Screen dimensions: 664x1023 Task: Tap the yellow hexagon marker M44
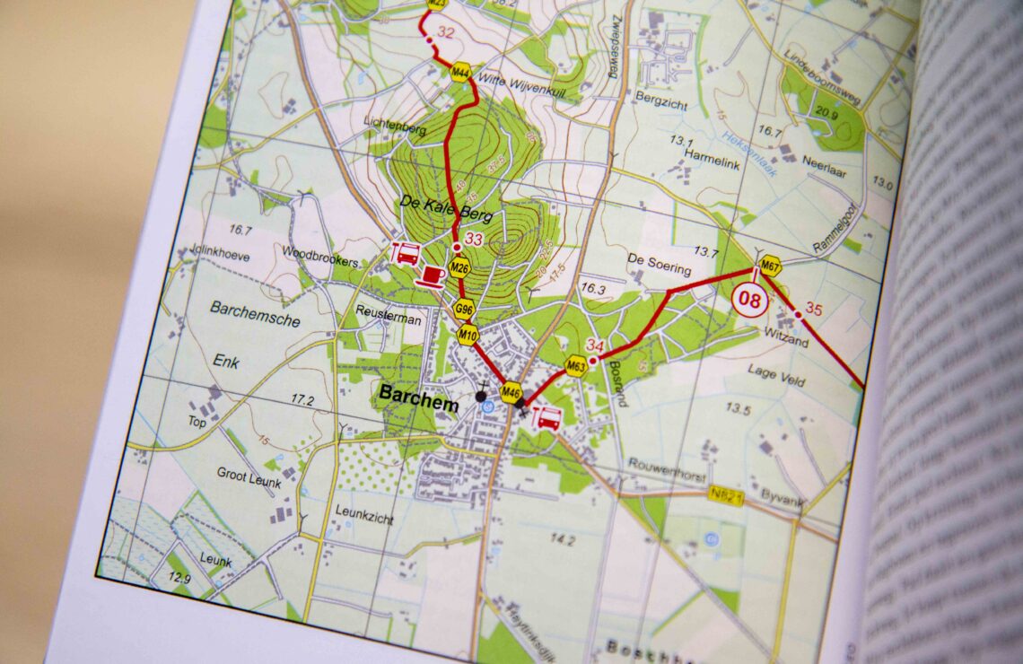tap(461, 73)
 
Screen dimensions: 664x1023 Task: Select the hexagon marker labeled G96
tap(464, 311)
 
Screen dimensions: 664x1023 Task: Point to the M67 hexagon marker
tap(769, 266)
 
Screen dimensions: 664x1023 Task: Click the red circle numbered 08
tap(750, 301)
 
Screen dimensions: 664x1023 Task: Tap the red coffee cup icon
tap(432, 274)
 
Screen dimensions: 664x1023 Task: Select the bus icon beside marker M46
tap(546, 418)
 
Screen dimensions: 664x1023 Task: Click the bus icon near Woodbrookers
tap(406, 254)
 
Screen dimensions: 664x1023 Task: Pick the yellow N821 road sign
tap(726, 494)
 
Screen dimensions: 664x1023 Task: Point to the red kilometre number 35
tap(813, 310)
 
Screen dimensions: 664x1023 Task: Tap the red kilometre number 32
tap(446, 33)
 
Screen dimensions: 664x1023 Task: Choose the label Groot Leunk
tap(249, 476)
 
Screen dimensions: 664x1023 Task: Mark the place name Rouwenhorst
tap(667, 468)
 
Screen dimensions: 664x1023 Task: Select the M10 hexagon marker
tap(468, 336)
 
